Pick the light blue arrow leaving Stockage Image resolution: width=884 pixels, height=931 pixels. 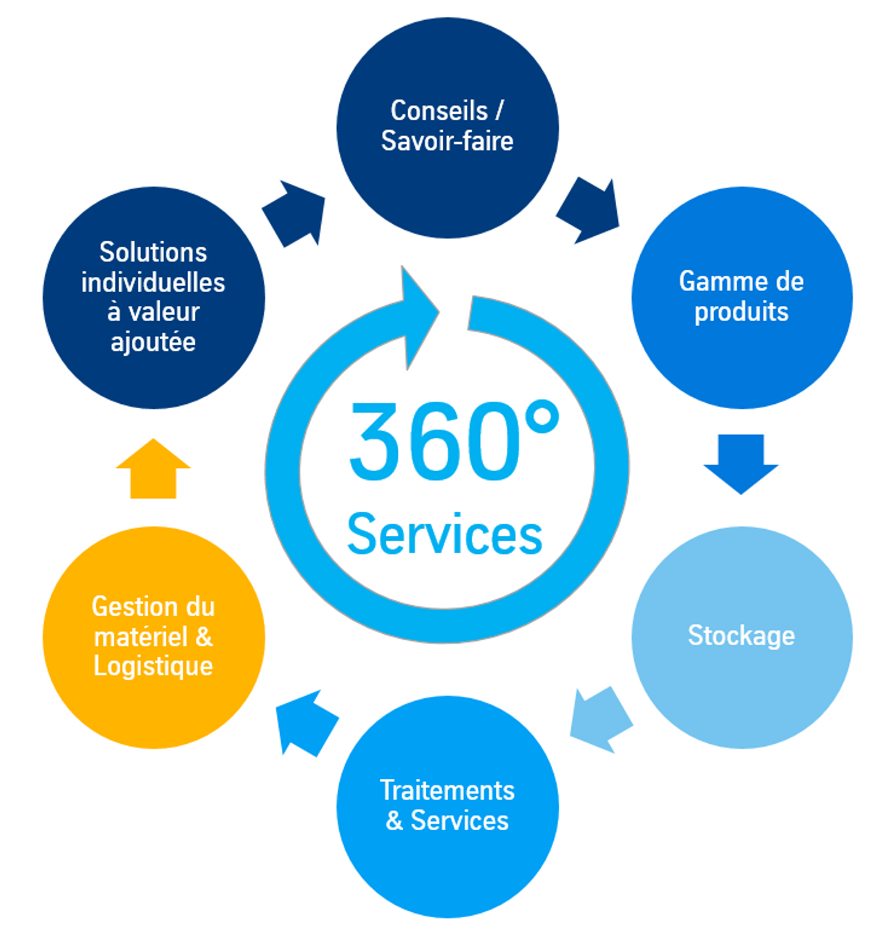pos(600,720)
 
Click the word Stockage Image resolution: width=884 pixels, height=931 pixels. pos(741,635)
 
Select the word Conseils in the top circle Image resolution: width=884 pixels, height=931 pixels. pos(439,111)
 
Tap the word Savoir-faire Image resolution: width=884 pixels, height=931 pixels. pos(447,141)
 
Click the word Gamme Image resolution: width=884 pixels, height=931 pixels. pos(712,281)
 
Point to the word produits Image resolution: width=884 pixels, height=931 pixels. pos(741,311)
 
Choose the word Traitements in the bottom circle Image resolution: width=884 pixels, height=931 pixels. pos(447,790)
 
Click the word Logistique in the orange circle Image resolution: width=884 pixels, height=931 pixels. pos(153,666)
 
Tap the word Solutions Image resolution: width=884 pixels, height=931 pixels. pos(153,252)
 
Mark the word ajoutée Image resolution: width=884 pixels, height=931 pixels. pos(153,342)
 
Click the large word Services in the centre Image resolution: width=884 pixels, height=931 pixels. pos(445,535)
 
